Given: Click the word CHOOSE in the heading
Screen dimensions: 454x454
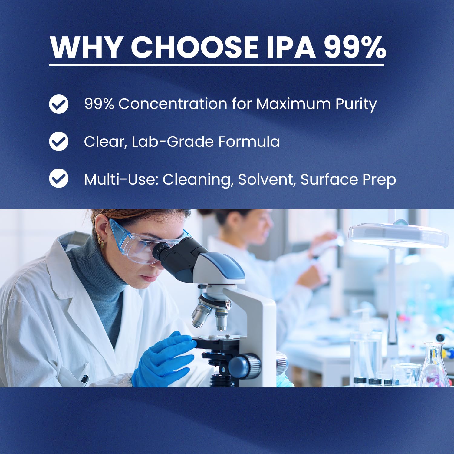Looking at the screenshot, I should coord(194,47).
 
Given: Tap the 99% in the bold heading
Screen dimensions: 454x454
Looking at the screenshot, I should coord(355,47).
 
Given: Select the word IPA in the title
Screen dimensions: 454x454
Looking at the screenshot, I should coord(291,47).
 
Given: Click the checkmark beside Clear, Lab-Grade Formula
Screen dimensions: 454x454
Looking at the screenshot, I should coord(59,141).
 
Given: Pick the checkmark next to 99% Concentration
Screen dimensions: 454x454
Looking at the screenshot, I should coord(59,104).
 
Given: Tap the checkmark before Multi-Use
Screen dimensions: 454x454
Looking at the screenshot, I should coord(59,179).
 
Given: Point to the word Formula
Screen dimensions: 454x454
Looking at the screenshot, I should coord(249,141).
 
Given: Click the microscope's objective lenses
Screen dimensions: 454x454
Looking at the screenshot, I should coord(209,315).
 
